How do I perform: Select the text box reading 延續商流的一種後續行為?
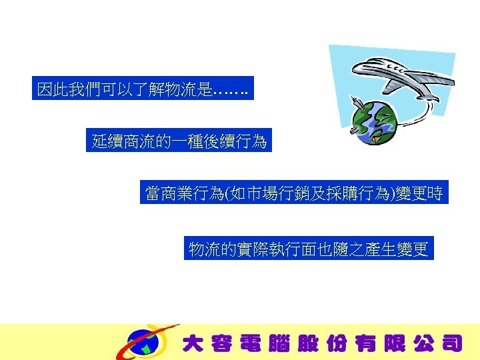(179, 141)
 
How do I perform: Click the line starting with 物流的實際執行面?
(309, 249)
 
